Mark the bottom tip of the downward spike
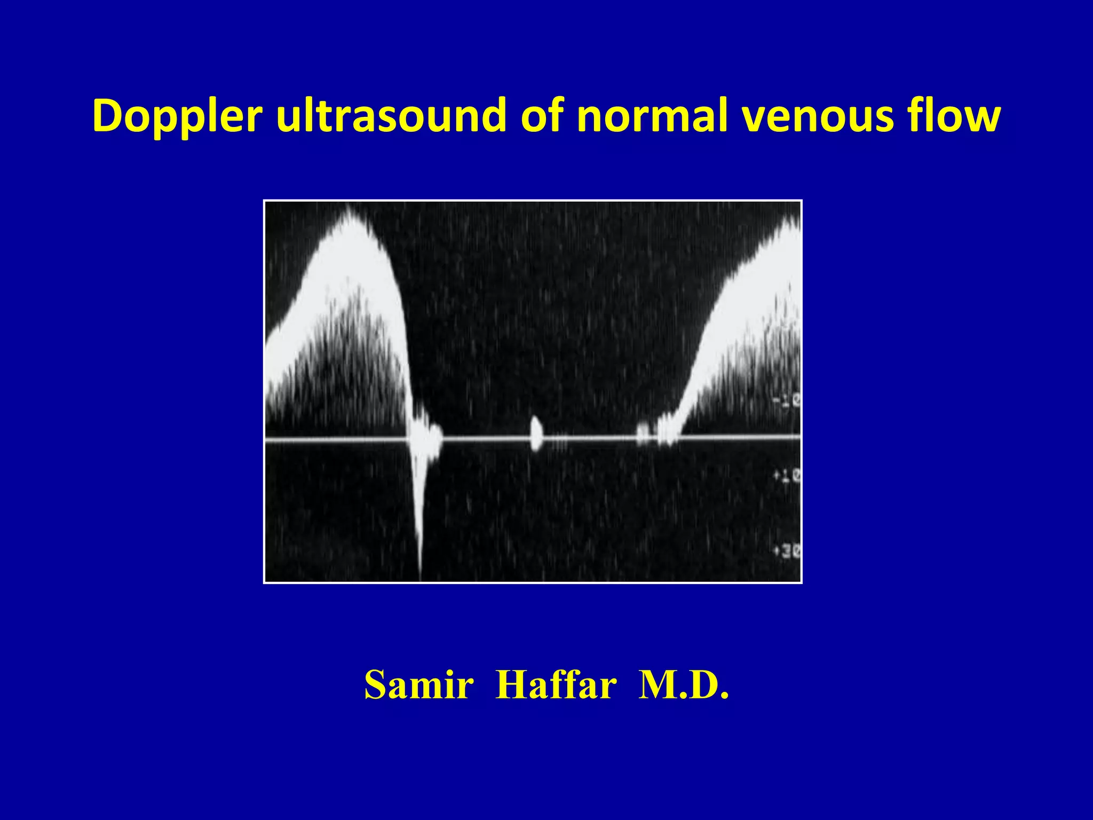(420, 578)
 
